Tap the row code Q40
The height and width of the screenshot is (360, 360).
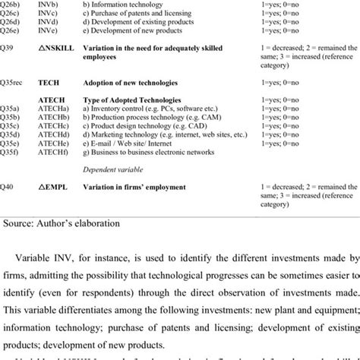tap(6, 187)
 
